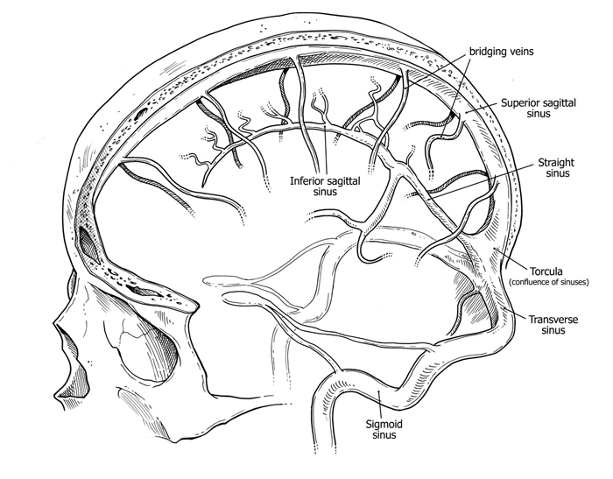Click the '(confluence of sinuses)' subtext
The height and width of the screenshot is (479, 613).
[548, 282]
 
